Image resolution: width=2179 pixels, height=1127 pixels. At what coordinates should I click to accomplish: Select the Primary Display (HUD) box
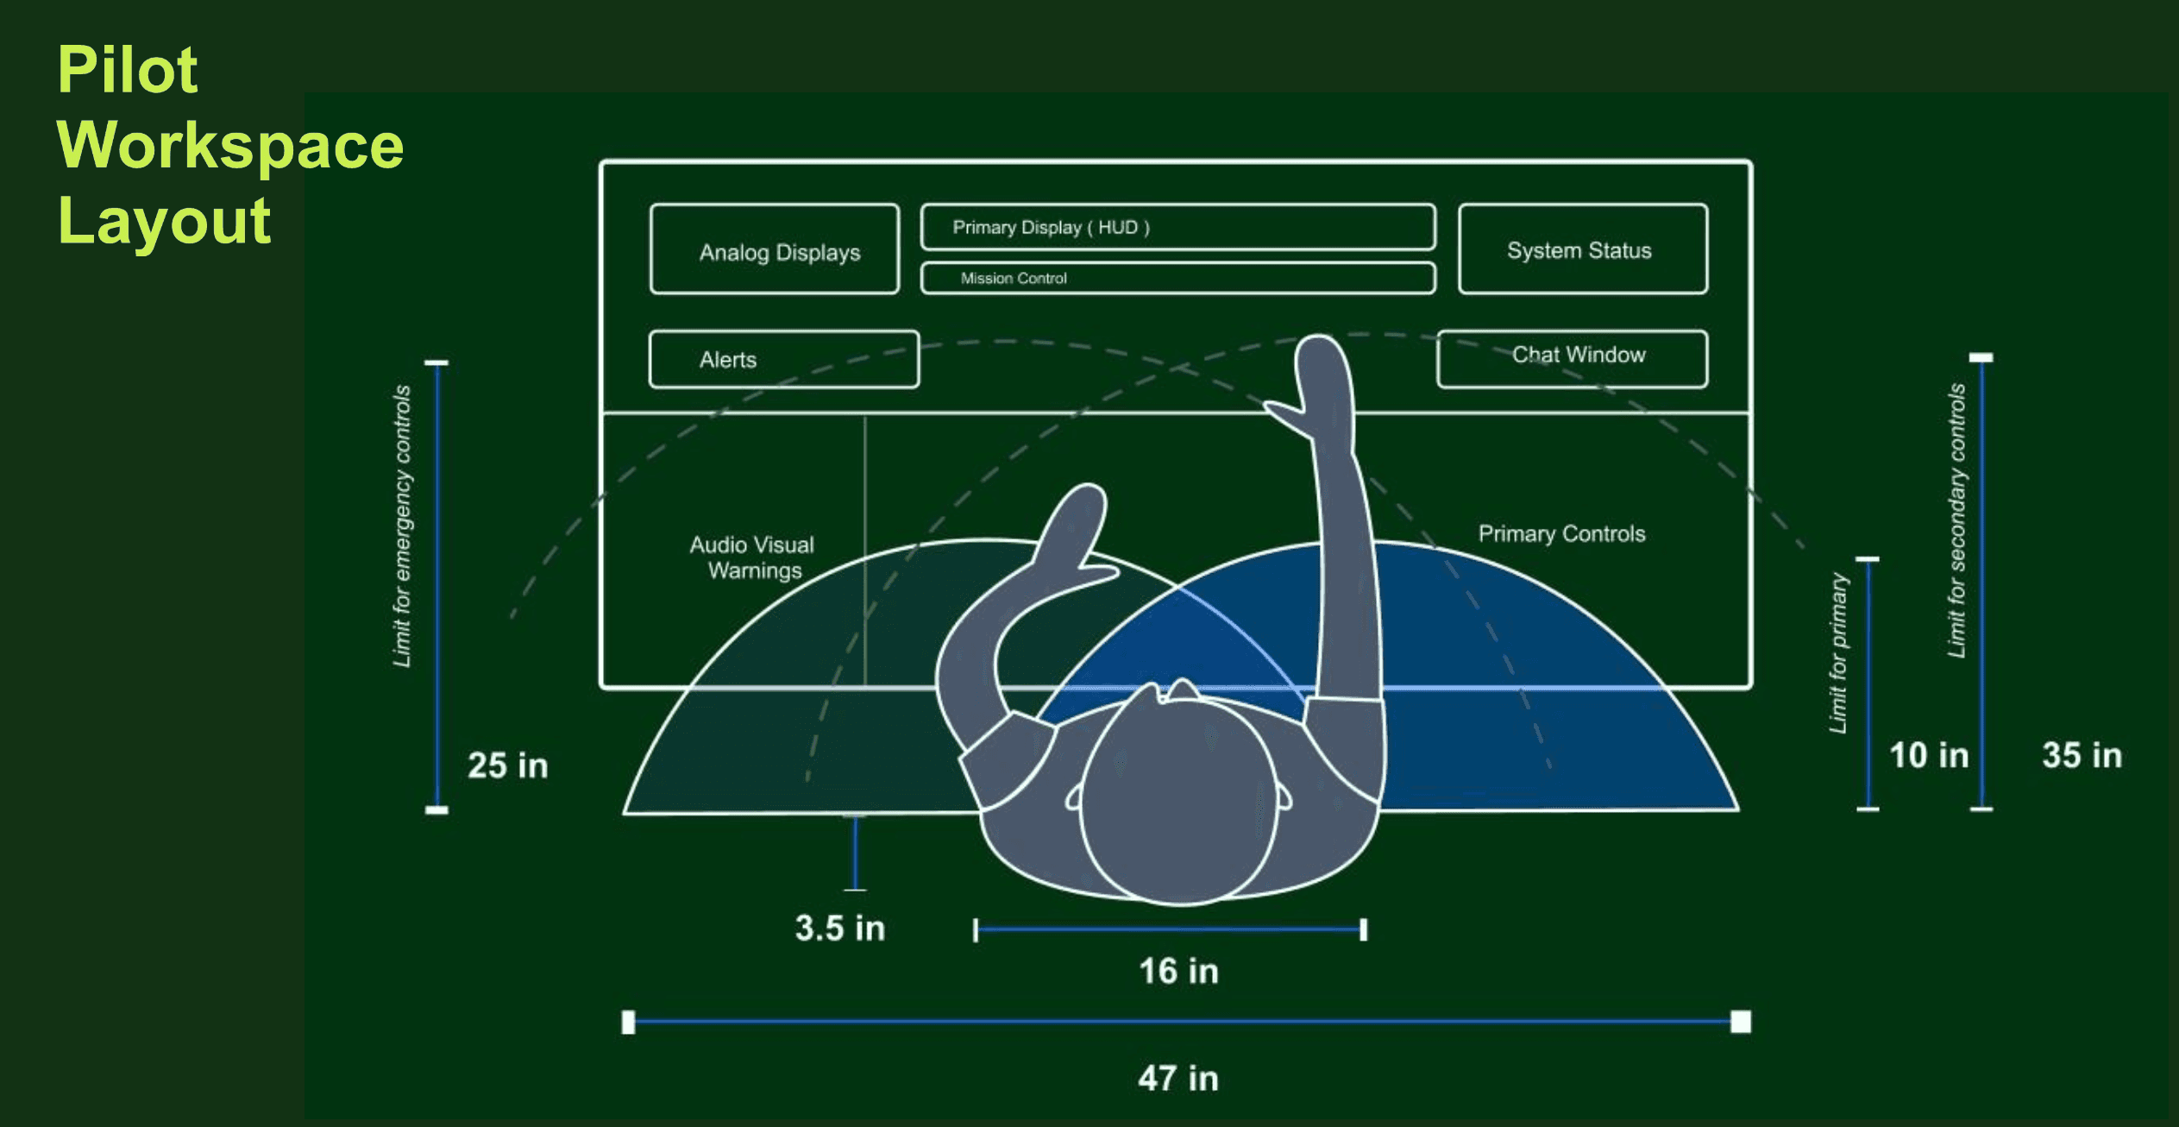click(1177, 227)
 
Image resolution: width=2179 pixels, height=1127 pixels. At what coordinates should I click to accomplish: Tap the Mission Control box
click(1177, 278)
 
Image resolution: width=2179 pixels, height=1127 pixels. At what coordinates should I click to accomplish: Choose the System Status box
click(1582, 249)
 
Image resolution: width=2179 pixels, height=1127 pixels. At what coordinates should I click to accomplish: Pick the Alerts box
click(783, 359)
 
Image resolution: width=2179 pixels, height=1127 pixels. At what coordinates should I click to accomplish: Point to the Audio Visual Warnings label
click(752, 557)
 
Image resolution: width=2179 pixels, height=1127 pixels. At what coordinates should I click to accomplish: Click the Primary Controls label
click(1561, 533)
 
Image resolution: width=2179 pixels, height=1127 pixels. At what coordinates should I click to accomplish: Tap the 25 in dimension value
click(507, 765)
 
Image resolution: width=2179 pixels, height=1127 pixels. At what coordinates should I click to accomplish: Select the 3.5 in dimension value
click(839, 929)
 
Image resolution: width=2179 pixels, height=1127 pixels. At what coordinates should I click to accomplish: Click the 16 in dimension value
click(1178, 972)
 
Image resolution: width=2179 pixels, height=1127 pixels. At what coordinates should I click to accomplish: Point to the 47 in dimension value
click(1177, 1079)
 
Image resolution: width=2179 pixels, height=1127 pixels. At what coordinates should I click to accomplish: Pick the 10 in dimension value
click(1929, 755)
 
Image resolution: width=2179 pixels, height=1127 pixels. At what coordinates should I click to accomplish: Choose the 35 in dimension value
click(2082, 755)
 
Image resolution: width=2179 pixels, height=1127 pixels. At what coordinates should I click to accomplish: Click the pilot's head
click(1178, 798)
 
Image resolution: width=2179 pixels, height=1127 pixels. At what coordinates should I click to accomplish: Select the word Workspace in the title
click(230, 145)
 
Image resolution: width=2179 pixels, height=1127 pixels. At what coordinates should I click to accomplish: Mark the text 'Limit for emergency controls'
click(402, 526)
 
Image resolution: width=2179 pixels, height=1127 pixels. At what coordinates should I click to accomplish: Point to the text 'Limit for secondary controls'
click(1956, 520)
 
